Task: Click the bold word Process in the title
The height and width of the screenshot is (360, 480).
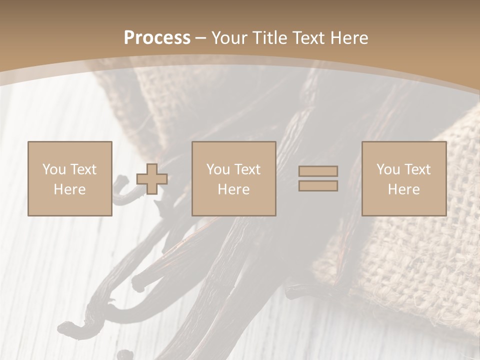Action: click(157, 38)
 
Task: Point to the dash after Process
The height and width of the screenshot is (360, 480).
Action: click(200, 38)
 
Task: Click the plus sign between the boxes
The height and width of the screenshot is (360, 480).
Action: click(152, 178)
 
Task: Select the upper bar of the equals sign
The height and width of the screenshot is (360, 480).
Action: click(318, 171)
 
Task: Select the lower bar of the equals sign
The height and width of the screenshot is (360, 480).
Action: click(318, 185)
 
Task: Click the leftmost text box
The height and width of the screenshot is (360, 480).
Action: click(69, 178)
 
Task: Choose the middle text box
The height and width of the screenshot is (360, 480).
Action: click(233, 178)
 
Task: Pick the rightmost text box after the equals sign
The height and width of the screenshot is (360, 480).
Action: click(403, 178)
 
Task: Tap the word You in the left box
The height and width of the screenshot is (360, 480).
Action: click(54, 169)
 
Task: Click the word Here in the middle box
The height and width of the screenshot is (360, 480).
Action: click(233, 189)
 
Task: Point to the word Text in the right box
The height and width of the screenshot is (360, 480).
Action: click(417, 169)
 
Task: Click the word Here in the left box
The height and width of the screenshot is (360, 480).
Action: click(69, 189)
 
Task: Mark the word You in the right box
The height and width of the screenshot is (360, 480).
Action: click(388, 169)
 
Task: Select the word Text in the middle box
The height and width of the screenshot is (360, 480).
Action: click(247, 169)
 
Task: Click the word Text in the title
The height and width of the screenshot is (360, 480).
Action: click(309, 38)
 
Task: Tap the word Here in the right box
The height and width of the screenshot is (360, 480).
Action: click(403, 189)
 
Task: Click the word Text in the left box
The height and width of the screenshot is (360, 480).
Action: click(83, 169)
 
